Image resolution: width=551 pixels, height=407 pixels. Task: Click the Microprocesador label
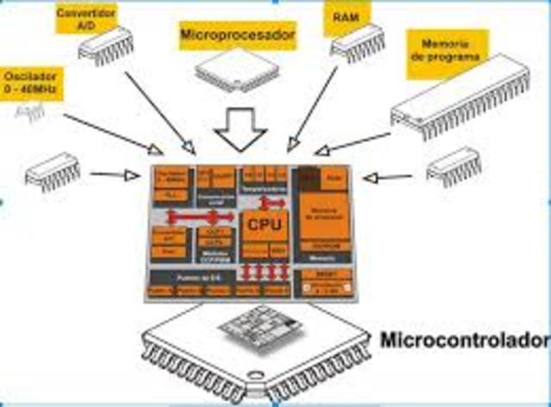point(238,36)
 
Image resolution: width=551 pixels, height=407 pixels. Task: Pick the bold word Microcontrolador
point(463,337)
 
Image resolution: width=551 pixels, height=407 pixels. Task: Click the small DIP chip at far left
point(53,171)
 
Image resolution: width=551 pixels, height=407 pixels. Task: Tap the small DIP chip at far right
point(452,165)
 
